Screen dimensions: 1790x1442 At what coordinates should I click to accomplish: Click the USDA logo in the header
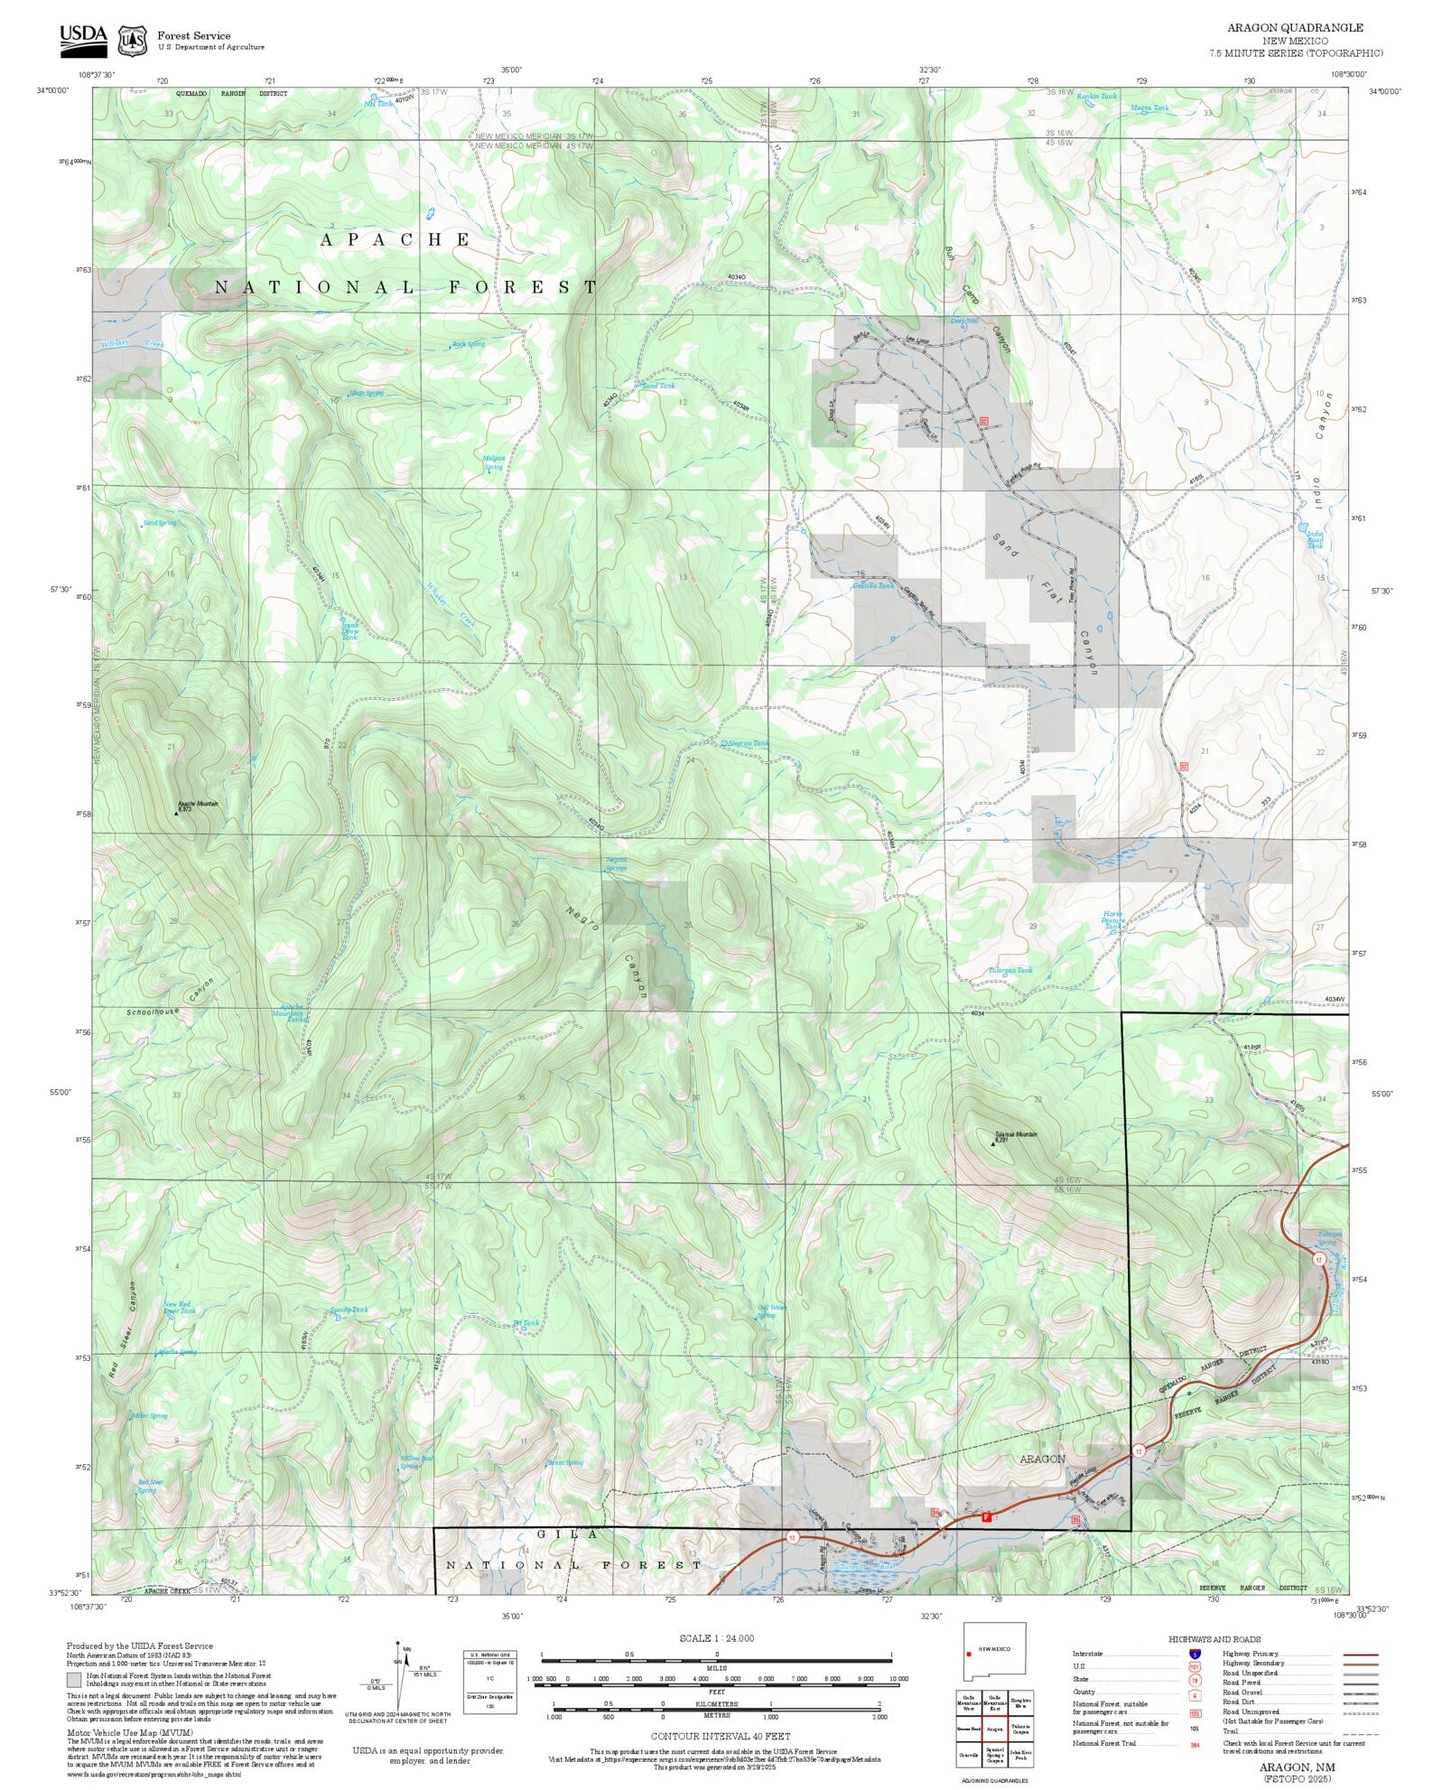[82, 38]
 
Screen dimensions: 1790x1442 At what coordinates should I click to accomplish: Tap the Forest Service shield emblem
[131, 40]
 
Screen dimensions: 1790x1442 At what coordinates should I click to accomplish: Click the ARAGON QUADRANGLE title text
[1294, 27]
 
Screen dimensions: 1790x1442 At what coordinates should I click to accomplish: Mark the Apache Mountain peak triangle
[177, 813]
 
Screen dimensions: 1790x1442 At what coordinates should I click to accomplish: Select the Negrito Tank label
[748, 744]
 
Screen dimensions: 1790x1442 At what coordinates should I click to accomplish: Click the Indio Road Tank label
[1315, 539]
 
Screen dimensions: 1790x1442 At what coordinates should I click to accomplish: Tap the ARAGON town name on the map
[1042, 1458]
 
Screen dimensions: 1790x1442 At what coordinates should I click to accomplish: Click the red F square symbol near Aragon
[986, 1517]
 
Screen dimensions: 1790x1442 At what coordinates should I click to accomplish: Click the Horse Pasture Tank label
[1112, 920]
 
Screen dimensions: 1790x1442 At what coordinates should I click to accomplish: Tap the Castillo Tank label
[872, 586]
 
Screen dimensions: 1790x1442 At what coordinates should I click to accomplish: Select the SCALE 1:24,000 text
[716, 1638]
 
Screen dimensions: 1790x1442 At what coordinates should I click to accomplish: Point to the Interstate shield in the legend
[1195, 1654]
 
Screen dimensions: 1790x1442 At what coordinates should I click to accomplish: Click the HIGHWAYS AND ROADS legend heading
[1213, 1639]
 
